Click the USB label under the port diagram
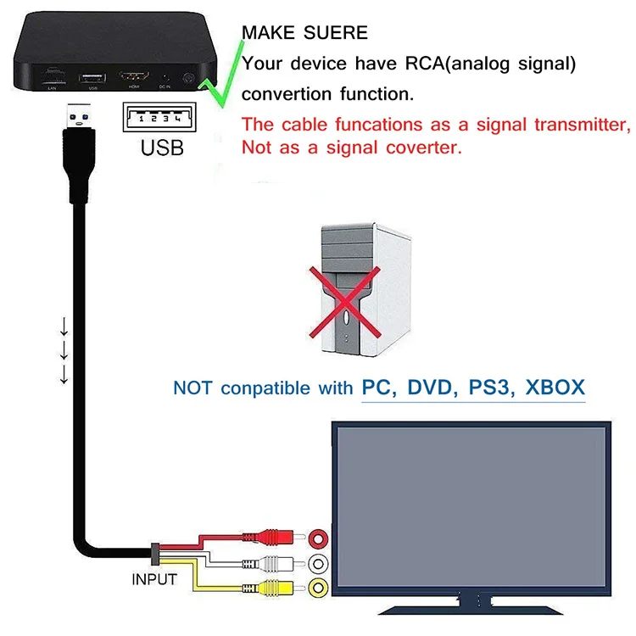pos(161,148)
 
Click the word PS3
pos(490,388)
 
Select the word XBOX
pos(555,388)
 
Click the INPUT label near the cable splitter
pos(154,580)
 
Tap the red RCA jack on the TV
pos(319,538)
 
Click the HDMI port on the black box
pos(134,78)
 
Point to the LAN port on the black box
pos(52,78)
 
